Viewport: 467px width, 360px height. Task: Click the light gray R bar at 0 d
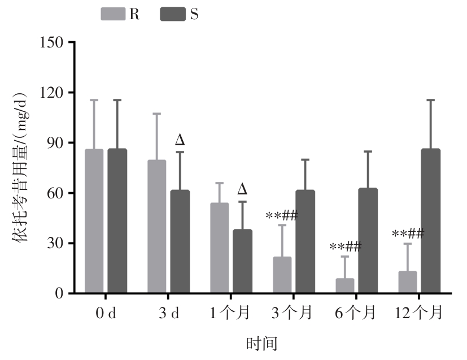(94, 221)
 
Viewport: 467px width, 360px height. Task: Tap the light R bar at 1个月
(219, 248)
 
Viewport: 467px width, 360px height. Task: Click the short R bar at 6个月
(344, 286)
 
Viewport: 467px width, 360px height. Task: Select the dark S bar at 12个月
(430, 221)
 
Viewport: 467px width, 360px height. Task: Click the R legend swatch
(114, 15)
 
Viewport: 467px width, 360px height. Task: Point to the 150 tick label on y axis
(51, 42)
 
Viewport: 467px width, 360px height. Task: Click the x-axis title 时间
(261, 343)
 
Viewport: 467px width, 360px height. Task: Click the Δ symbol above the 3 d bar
(180, 140)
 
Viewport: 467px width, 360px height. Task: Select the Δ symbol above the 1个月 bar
(242, 189)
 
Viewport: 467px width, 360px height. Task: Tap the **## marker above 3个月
(281, 215)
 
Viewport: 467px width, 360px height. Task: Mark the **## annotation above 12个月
(408, 233)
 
